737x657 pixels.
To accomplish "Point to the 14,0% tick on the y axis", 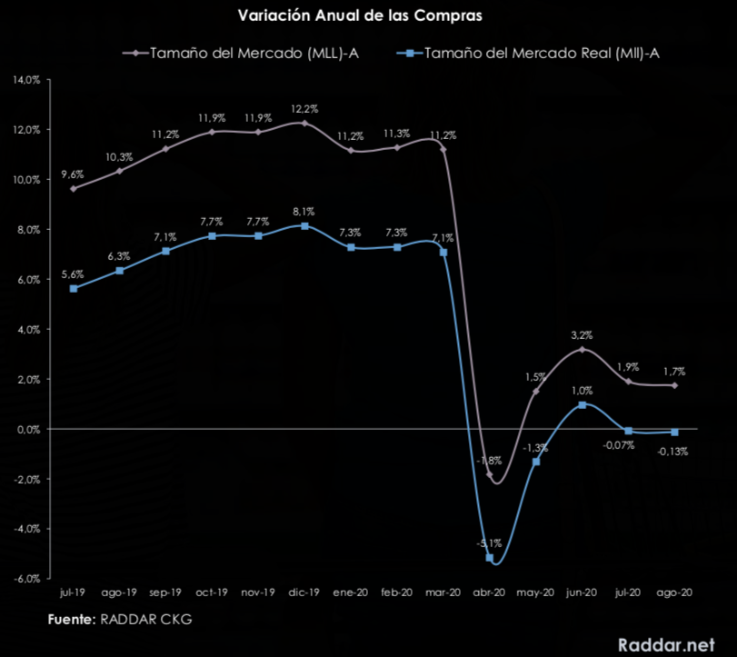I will pos(25,80).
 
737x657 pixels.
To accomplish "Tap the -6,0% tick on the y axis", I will pos(25,579).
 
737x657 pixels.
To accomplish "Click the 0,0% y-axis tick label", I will pos(27,429).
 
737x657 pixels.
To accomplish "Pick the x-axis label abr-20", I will pos(489,592).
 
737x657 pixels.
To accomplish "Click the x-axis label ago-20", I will pos(673,592).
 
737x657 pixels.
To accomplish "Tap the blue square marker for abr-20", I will pos(490,557).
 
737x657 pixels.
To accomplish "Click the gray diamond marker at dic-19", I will pos(304,123).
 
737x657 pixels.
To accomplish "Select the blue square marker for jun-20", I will pos(582,404).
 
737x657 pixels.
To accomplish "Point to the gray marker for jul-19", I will pos(74,188).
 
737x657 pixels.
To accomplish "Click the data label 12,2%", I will pos(304,109).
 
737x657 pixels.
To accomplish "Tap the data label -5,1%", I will pos(488,543).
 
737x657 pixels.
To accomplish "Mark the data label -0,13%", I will pos(673,451).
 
